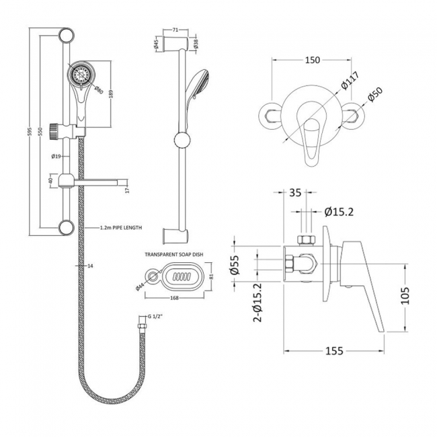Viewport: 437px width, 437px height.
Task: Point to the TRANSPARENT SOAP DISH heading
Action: [173, 255]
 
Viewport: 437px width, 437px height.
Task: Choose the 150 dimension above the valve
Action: [311, 61]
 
